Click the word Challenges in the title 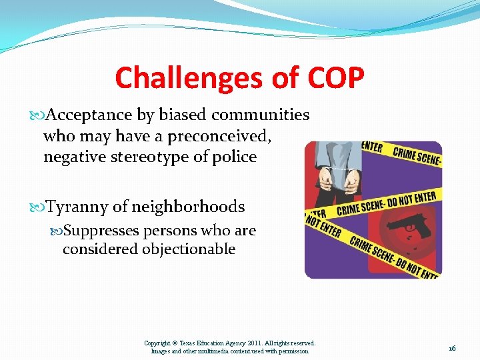point(189,78)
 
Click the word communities point(261,115)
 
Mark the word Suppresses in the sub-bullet point(107,231)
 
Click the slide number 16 point(451,348)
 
